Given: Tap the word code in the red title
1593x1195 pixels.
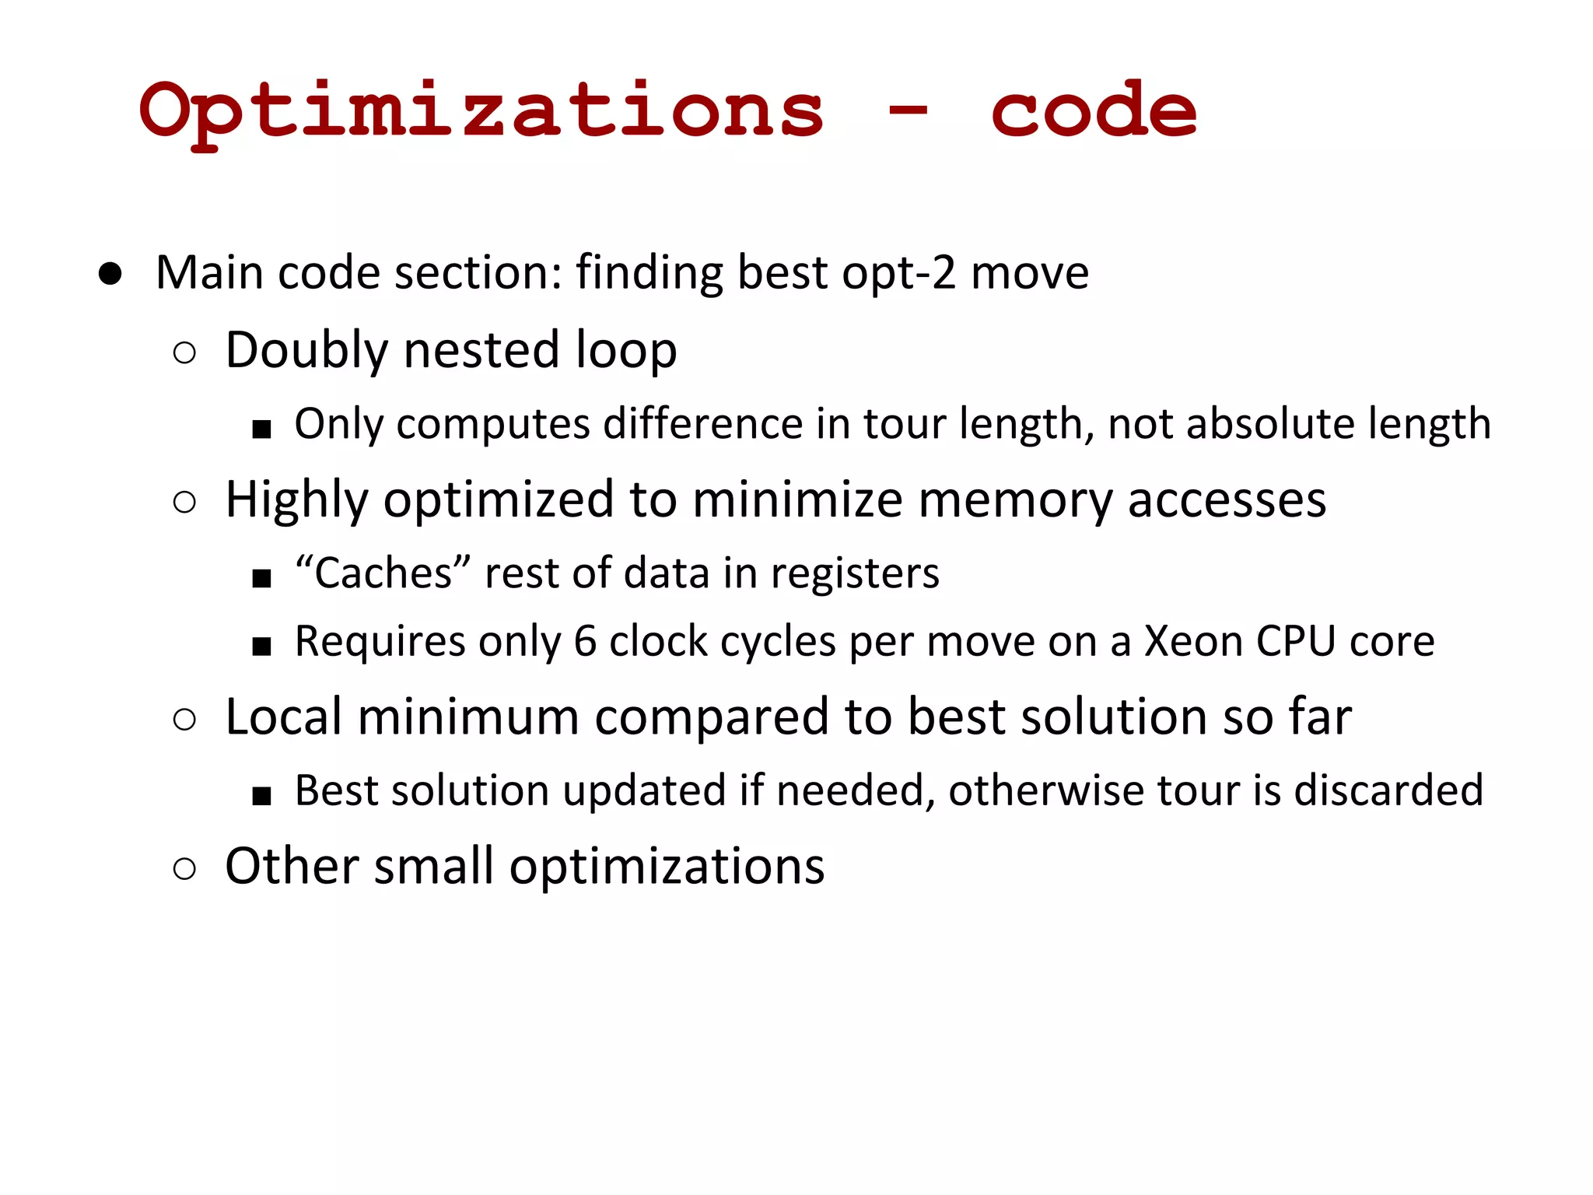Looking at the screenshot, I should (1094, 111).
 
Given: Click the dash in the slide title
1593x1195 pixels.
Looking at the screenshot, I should (907, 111).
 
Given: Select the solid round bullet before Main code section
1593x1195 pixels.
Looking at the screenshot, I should (110, 274).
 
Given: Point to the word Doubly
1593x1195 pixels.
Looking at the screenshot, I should (306, 350).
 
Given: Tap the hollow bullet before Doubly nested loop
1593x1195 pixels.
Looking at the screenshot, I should (185, 353).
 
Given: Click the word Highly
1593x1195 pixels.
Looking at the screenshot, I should (296, 499).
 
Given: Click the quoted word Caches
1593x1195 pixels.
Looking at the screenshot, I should (383, 573).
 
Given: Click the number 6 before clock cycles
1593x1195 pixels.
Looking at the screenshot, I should (585, 642).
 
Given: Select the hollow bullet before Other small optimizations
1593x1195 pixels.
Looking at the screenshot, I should (185, 868).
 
